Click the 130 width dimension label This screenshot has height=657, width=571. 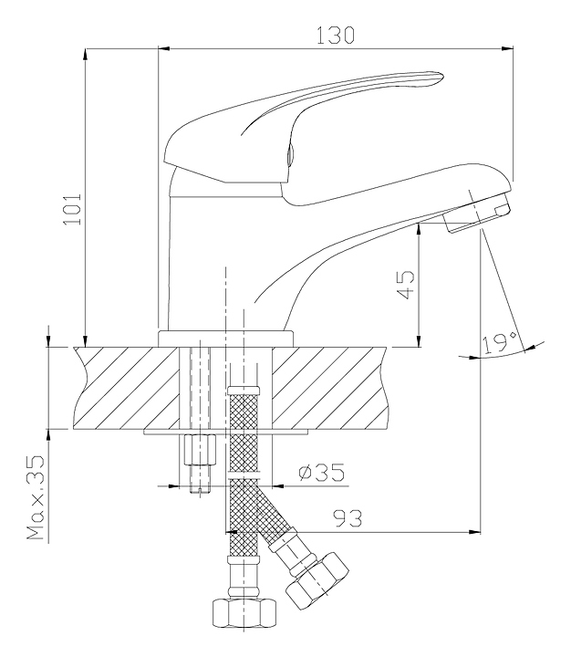[335, 35]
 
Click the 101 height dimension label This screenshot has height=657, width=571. [72, 209]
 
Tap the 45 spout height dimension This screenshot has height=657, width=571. [405, 285]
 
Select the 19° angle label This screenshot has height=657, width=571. [499, 343]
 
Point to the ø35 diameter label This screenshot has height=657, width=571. [322, 473]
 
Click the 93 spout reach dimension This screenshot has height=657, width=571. [348, 518]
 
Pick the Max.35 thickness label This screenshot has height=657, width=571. [36, 497]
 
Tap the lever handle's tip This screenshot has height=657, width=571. [441, 77]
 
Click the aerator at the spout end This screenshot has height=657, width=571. [479, 213]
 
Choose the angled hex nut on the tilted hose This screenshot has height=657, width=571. [317, 580]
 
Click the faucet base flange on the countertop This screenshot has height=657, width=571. [226, 339]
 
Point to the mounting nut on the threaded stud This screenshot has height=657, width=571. [200, 450]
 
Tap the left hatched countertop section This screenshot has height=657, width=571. [127, 388]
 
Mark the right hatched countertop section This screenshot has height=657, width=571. [329, 388]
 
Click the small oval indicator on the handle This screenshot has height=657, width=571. [289, 155]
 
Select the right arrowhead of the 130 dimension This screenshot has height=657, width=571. [508, 49]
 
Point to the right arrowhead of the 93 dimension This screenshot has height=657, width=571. [474, 532]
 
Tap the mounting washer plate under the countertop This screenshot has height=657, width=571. [226, 432]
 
